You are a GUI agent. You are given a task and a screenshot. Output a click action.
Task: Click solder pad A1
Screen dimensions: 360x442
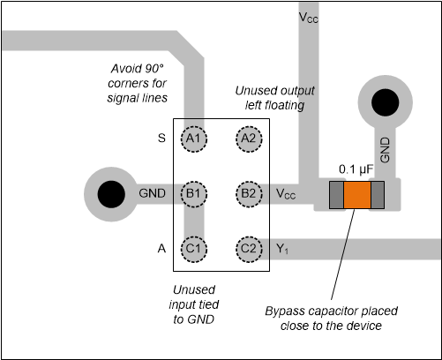click(x=194, y=138)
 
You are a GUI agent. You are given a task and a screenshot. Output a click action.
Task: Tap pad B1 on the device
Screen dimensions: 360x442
click(x=194, y=193)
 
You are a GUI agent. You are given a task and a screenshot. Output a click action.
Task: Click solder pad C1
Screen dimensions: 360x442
click(x=194, y=249)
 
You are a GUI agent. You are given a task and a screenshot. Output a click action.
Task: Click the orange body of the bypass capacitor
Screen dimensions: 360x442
click(x=357, y=195)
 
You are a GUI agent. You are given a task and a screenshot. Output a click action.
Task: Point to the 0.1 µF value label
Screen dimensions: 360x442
click(x=357, y=168)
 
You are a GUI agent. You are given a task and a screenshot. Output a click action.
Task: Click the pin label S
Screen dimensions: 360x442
click(x=161, y=138)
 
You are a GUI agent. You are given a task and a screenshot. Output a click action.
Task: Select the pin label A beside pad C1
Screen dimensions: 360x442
click(x=161, y=249)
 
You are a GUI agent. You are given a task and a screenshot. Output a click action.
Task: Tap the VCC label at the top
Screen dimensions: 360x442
click(x=309, y=18)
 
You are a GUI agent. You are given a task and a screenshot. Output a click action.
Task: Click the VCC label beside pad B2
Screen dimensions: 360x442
click(x=287, y=193)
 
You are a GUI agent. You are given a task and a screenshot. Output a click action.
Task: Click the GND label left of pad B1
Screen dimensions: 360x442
click(x=151, y=193)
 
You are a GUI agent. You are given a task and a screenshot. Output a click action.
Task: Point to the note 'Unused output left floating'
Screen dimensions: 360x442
click(x=269, y=98)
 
